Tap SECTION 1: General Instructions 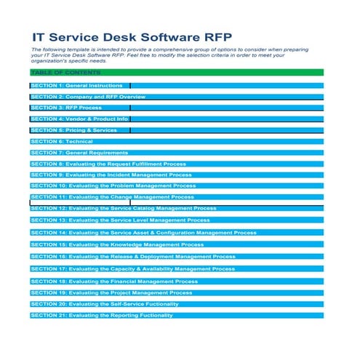76,86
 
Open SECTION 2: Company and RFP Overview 88,97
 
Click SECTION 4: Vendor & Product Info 79,119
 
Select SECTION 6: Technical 62,141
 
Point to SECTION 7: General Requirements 79,153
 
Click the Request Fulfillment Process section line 108,164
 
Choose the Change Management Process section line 113,197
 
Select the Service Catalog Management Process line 124,209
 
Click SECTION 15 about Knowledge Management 117,245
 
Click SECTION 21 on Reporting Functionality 102,316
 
